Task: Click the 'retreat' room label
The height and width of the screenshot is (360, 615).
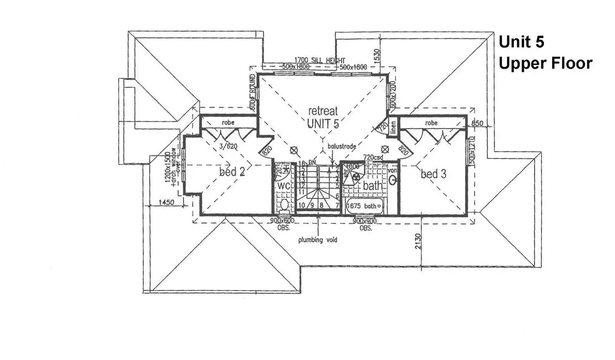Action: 323,111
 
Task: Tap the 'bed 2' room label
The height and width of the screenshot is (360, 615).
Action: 232,171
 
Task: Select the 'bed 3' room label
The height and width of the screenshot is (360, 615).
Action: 433,174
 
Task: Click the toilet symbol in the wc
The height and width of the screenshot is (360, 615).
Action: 284,205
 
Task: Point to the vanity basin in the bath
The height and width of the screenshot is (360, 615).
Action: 393,180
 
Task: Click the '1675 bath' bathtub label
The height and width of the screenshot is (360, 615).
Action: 362,206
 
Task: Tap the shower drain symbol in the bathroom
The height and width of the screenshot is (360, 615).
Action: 356,177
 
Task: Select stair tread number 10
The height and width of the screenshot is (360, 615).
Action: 302,205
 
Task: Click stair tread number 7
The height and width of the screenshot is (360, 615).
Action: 337,205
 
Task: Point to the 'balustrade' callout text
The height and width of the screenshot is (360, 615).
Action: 342,146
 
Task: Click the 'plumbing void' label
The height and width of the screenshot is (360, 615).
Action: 318,240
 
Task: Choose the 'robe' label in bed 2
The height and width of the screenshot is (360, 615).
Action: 228,123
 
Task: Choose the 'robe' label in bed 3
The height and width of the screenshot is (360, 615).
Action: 431,123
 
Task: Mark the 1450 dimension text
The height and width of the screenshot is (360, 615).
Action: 166,202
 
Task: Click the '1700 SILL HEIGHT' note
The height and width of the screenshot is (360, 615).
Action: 320,60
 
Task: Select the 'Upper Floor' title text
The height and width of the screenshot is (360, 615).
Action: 545,63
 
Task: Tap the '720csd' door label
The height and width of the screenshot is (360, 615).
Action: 373,157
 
